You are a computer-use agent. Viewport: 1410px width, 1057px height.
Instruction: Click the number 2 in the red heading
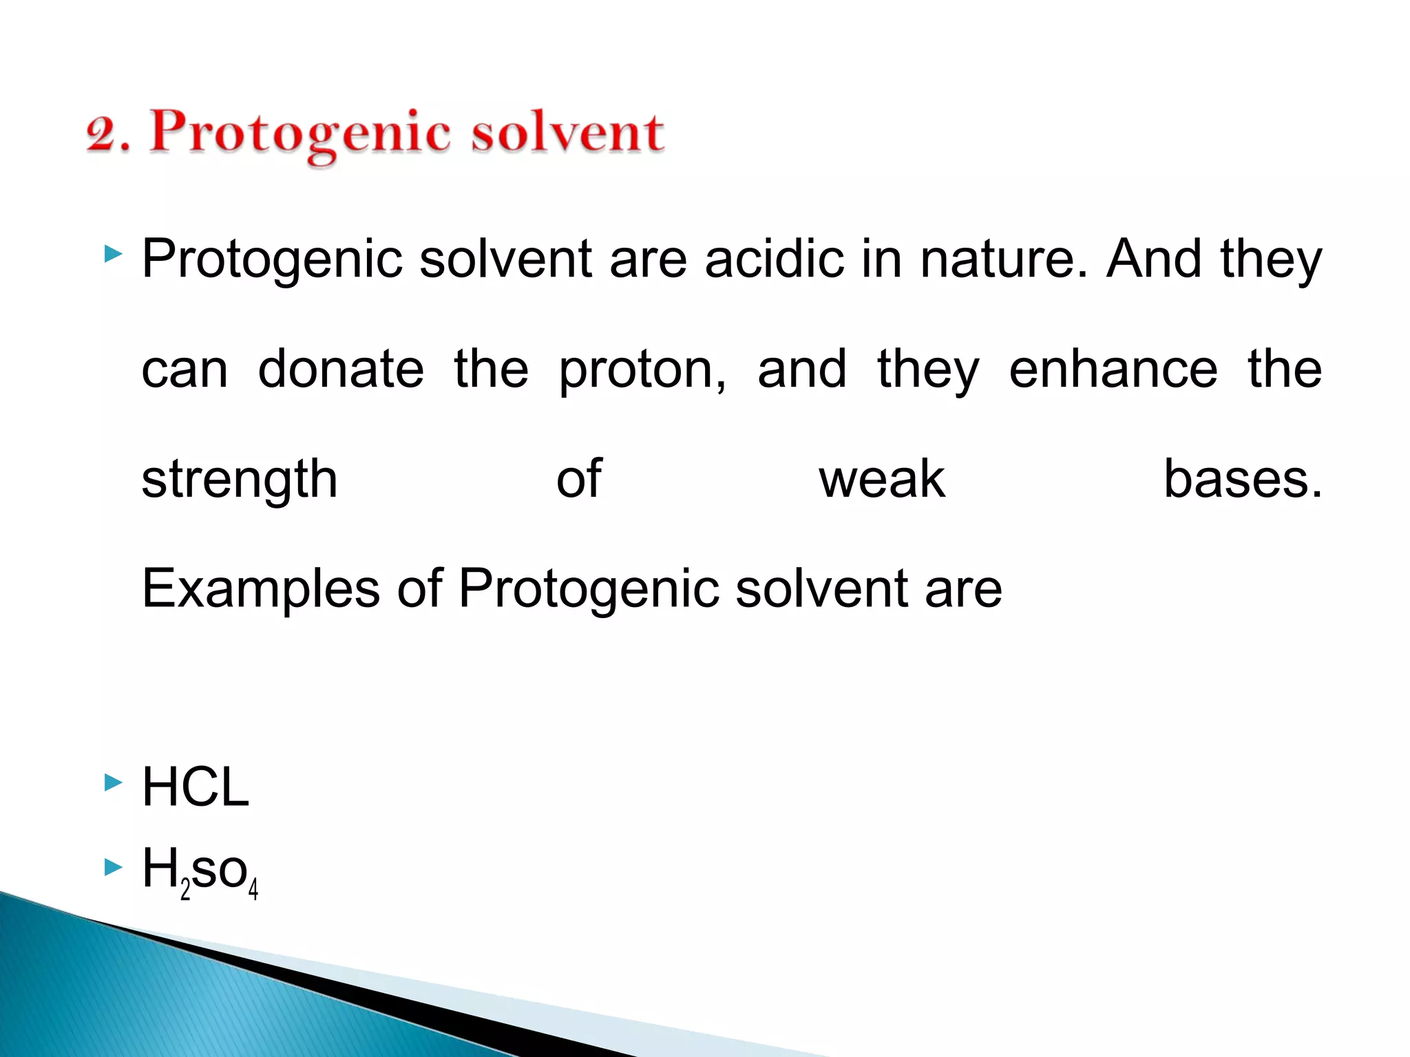pos(102,134)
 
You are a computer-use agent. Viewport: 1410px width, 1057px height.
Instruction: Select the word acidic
pos(775,259)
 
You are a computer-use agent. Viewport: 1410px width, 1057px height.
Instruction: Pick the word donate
pos(341,370)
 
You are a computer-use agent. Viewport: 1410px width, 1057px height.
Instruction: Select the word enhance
pos(1113,370)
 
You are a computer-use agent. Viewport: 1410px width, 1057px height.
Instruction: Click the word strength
pos(240,480)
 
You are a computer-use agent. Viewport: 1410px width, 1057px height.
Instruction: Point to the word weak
pos(882,479)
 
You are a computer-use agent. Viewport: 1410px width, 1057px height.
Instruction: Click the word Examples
pos(261,590)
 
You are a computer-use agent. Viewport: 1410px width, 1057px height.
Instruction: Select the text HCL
pos(196,787)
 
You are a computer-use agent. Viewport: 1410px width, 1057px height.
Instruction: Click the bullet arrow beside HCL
pos(113,782)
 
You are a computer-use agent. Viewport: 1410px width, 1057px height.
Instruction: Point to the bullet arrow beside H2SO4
pos(113,868)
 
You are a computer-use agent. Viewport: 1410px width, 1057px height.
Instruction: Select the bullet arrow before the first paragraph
pos(113,255)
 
